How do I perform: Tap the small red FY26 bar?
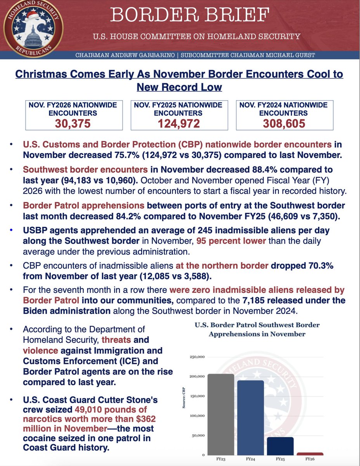(310, 454)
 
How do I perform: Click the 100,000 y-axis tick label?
(198, 416)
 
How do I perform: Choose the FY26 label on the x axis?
(310, 459)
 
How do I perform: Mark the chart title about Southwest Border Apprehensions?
(257, 329)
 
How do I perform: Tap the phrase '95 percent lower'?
(231, 241)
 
